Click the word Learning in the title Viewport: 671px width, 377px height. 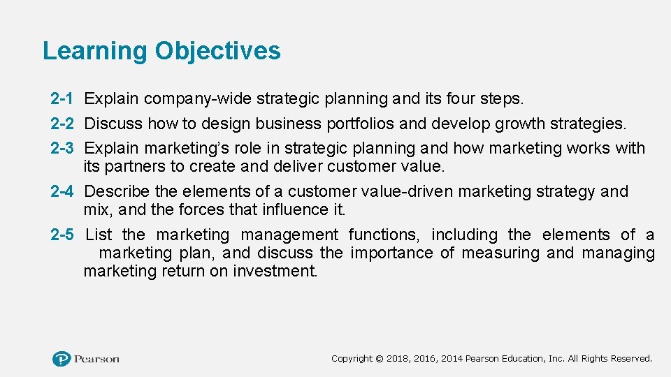point(94,51)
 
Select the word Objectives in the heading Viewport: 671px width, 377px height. point(217,51)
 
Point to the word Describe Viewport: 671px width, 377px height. point(116,191)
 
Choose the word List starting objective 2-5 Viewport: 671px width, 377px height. point(99,235)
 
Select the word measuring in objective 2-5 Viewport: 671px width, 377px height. point(499,253)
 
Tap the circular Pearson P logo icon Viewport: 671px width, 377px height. point(62,359)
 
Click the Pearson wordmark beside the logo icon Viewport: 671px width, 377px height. point(97,359)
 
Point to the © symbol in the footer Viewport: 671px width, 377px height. point(379,359)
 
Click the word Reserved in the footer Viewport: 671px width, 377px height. point(631,359)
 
